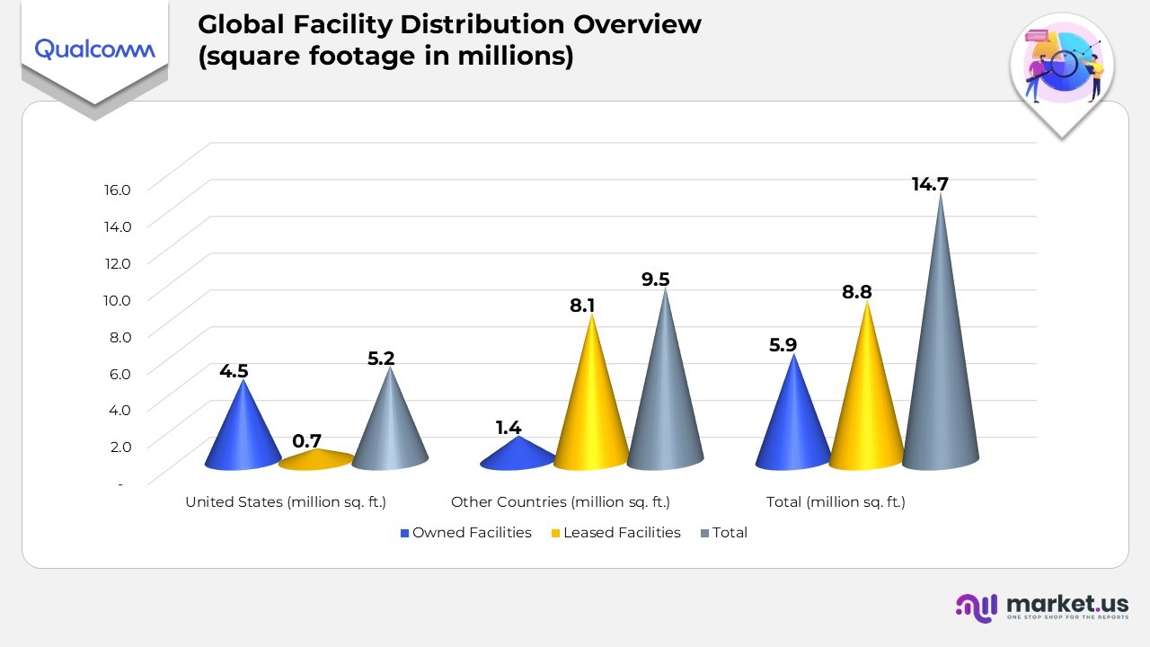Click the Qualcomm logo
pyautogui.click(x=94, y=49)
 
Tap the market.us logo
pyautogui.click(x=1041, y=607)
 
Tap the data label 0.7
pyautogui.click(x=307, y=441)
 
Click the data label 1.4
pyautogui.click(x=509, y=428)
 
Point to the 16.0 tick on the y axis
pyautogui.click(x=117, y=190)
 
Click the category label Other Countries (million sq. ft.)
pyautogui.click(x=561, y=502)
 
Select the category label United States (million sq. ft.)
pyautogui.click(x=286, y=502)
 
